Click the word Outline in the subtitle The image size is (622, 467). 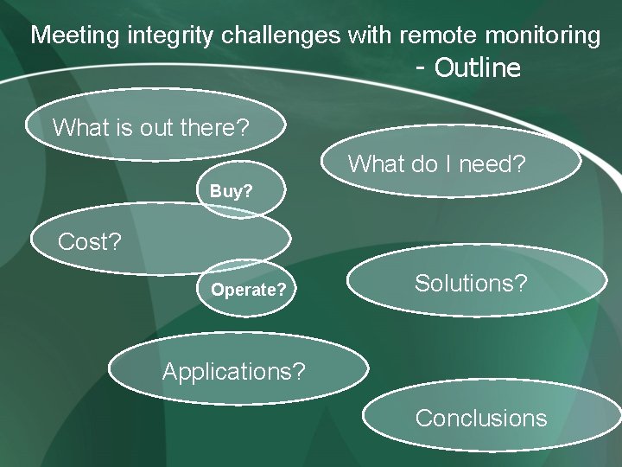click(478, 67)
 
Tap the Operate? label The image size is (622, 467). click(249, 290)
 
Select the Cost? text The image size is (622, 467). click(89, 242)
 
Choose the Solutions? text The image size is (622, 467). click(471, 283)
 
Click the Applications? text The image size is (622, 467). click(234, 372)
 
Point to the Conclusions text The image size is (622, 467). click(481, 418)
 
